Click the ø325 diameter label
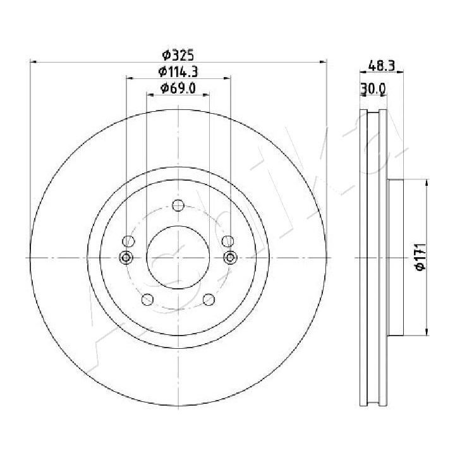(178, 55)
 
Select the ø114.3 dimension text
(178, 71)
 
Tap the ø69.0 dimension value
(178, 88)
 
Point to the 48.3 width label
(382, 66)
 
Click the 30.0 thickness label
(373, 89)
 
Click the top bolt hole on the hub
(178, 205)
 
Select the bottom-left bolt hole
(147, 300)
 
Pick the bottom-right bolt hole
(209, 300)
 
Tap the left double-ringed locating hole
(126, 257)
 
